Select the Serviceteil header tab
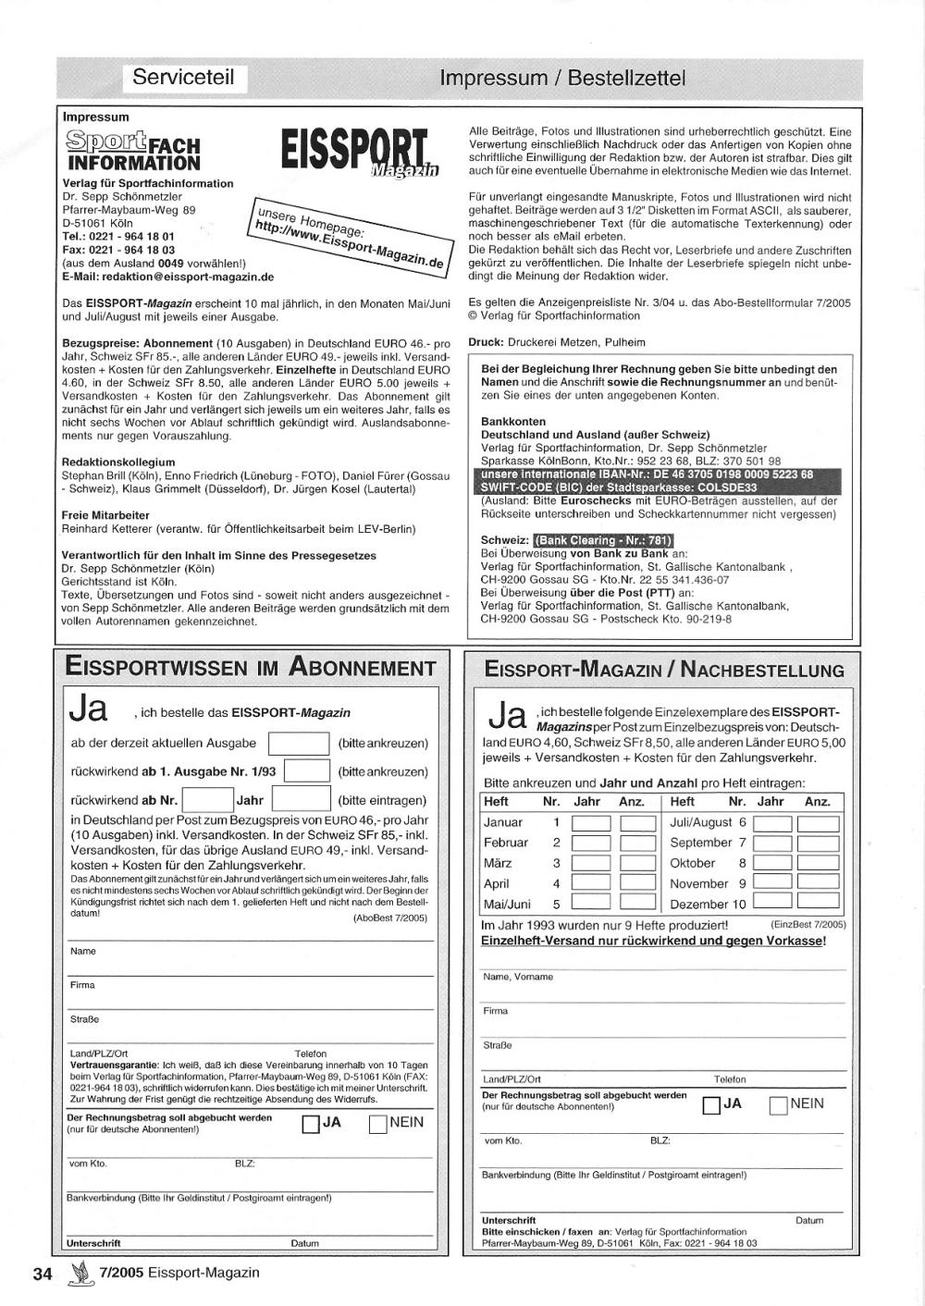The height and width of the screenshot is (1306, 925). point(183,77)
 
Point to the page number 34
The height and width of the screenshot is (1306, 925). point(43,1273)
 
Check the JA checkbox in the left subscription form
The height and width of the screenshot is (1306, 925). point(311,1124)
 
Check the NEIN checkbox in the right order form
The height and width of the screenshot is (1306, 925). point(777,1104)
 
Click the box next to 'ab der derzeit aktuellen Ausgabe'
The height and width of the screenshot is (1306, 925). point(298,744)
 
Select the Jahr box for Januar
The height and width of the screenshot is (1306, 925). point(591,822)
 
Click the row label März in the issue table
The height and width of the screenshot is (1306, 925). point(498,863)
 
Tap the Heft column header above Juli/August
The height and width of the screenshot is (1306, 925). point(683,802)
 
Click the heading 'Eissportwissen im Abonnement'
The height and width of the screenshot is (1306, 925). point(251,668)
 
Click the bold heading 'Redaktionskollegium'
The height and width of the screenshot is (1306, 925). point(117,462)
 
